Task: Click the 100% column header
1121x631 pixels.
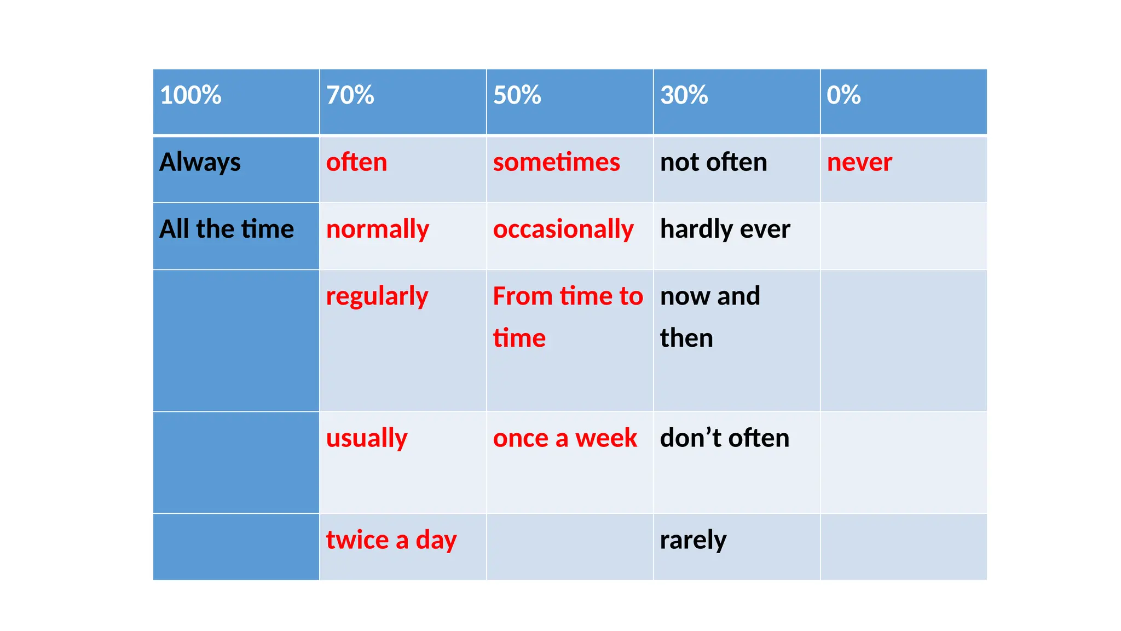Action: tap(190, 95)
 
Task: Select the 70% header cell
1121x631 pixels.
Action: tap(350, 95)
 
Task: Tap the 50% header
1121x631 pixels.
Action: tap(517, 95)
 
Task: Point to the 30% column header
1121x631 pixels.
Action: tap(684, 95)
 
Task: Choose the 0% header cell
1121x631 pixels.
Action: tap(843, 95)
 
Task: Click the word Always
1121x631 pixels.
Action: tap(200, 163)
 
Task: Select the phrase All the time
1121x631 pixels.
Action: tap(227, 229)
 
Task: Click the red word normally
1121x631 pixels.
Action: tap(378, 230)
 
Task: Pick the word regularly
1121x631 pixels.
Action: tap(377, 297)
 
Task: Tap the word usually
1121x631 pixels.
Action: tap(367, 439)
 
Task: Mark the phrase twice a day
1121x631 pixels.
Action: tap(391, 540)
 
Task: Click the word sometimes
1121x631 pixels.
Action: tap(556, 163)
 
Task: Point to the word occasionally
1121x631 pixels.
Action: tap(563, 230)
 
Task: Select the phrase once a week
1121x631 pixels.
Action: tap(565, 438)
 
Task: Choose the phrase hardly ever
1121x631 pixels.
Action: tap(725, 229)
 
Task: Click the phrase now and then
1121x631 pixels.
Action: tap(710, 317)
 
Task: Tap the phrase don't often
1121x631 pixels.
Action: tap(725, 438)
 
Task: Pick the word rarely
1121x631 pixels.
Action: tap(693, 540)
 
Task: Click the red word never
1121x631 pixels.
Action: tap(859, 163)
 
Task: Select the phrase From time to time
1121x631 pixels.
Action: tap(568, 317)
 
